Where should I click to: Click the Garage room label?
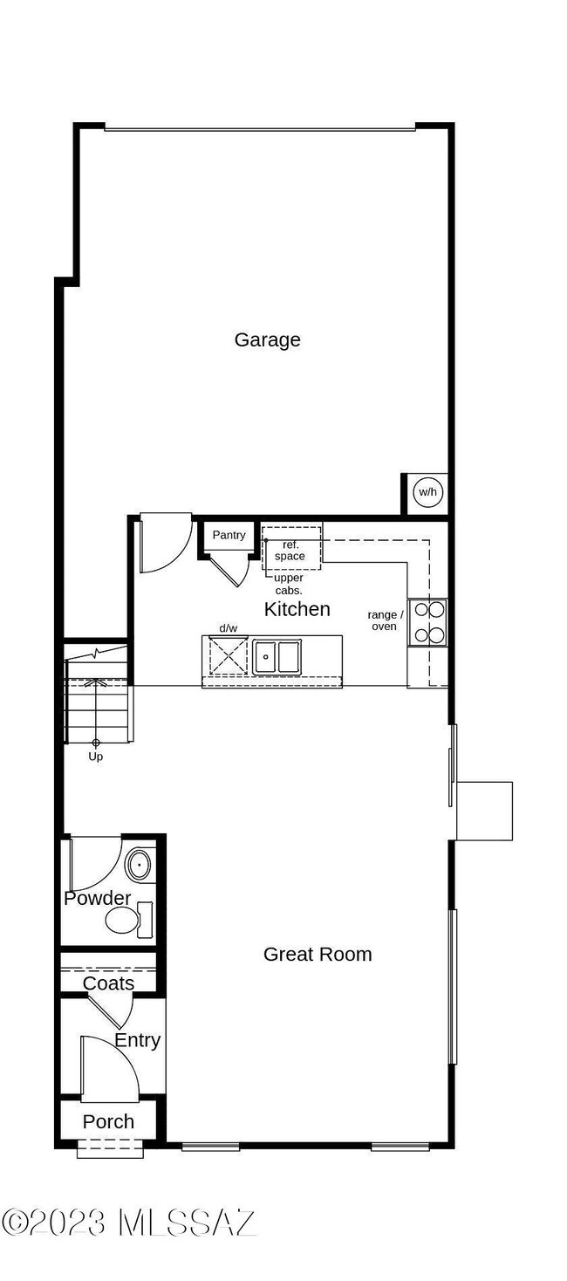(x=267, y=339)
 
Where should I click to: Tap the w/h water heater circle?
(x=427, y=492)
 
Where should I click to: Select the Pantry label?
(x=229, y=535)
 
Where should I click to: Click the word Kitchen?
(x=297, y=609)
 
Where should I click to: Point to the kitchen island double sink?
(x=277, y=656)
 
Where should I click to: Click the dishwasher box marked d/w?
(x=229, y=655)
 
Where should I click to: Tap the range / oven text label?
(x=385, y=620)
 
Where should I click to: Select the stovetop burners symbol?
(x=428, y=622)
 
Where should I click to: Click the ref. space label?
(x=290, y=551)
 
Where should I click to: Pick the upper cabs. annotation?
(x=288, y=584)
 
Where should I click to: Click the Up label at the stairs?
(x=96, y=757)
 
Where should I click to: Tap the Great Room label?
(x=318, y=954)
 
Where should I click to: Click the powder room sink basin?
(x=139, y=866)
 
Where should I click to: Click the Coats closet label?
(x=108, y=983)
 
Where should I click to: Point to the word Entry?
(x=137, y=1040)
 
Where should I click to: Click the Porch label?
(x=108, y=1121)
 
